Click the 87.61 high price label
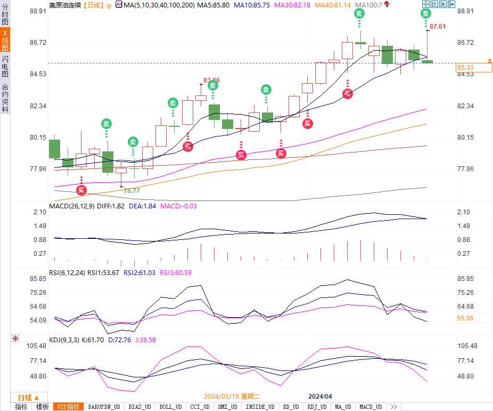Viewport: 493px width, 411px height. [x=438, y=26]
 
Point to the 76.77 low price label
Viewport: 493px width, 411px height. [x=132, y=190]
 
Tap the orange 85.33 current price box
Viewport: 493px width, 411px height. [x=473, y=68]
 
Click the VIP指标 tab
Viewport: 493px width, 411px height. [x=69, y=407]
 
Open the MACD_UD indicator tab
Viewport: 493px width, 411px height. [x=371, y=407]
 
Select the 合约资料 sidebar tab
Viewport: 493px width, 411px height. [x=5, y=98]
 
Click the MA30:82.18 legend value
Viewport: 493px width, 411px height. [x=292, y=5]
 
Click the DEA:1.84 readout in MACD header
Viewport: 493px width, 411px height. [x=143, y=206]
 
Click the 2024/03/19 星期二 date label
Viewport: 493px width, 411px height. [x=232, y=397]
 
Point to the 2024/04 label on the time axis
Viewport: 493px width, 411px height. [x=321, y=397]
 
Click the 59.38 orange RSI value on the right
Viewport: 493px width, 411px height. [x=465, y=318]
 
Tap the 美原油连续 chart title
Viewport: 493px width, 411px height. [x=65, y=5]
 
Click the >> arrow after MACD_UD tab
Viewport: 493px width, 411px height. [x=395, y=407]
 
